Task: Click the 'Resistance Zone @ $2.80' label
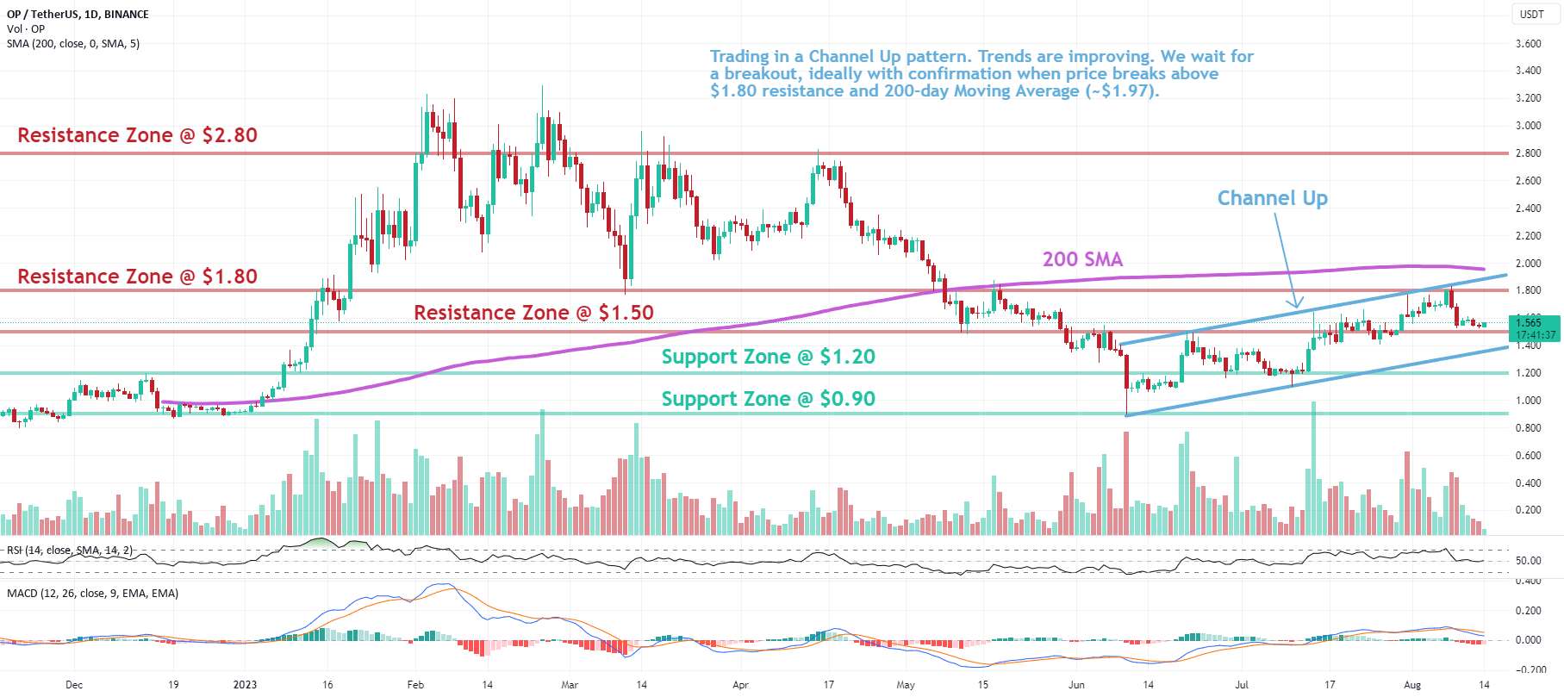[137, 135]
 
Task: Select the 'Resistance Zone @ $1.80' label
[137, 277]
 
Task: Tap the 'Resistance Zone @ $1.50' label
[533, 313]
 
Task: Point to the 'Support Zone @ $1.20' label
[768, 357]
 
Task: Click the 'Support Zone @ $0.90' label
[768, 399]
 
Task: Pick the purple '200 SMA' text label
[1082, 259]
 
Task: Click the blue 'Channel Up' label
[1272, 198]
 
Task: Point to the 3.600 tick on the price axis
[1529, 44]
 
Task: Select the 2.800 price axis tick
[1529, 153]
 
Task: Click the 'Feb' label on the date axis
[415, 685]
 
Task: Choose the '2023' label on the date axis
[245, 685]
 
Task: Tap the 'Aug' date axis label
[1411, 685]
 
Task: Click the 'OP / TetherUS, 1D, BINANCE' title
[78, 15]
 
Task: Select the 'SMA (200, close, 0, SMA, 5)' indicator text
[73, 43]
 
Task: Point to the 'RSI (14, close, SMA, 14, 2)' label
[70, 551]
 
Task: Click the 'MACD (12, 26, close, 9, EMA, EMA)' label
[92, 594]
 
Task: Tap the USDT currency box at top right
[1531, 15]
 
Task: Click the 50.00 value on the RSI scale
[1529, 561]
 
